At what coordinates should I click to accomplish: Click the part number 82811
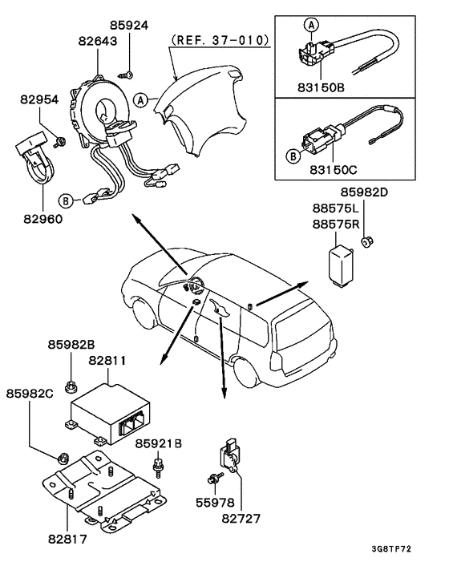(107, 362)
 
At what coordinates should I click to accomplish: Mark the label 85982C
(32, 394)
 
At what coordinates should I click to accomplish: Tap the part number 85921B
(157, 443)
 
